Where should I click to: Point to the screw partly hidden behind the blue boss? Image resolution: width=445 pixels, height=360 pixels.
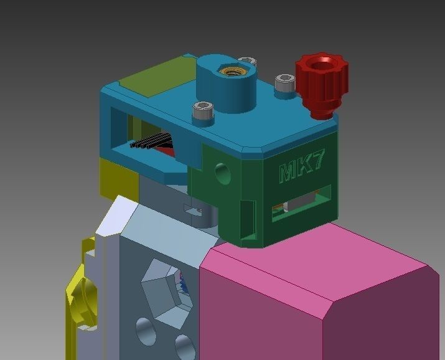coord(250,61)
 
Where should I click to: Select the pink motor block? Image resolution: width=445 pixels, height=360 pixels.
coord(324,293)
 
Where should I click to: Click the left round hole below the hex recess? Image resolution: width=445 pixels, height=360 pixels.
coord(145,331)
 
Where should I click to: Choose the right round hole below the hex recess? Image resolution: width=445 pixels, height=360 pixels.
coord(184,346)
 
